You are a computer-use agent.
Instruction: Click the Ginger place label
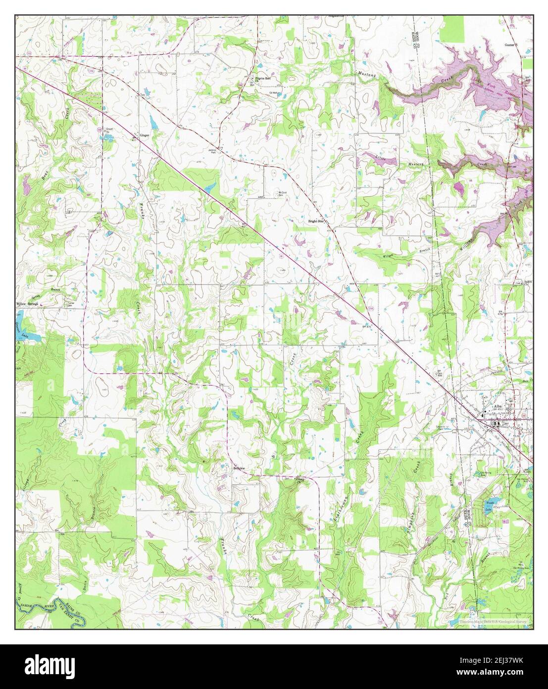145,135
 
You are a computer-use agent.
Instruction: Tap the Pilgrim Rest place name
263,78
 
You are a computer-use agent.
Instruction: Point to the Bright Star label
316,221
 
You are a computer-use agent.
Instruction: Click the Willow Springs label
27,304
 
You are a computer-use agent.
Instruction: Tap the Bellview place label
239,467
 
